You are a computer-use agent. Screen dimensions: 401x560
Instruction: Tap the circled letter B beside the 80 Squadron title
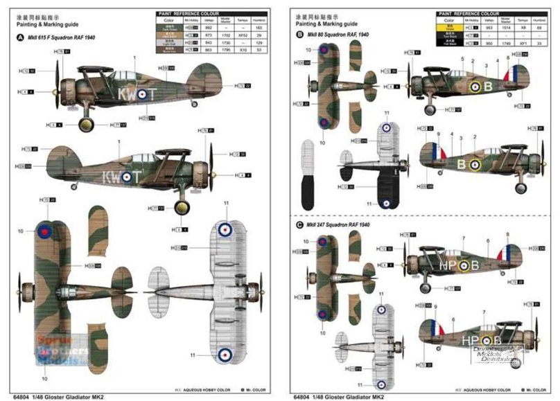(x=299, y=34)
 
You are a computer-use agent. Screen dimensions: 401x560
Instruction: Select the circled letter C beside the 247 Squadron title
(x=299, y=224)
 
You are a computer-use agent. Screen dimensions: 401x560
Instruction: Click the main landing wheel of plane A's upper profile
(x=86, y=124)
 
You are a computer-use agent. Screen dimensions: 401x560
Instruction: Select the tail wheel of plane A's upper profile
(x=194, y=104)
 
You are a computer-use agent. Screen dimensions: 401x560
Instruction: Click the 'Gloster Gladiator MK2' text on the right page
(x=350, y=396)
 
